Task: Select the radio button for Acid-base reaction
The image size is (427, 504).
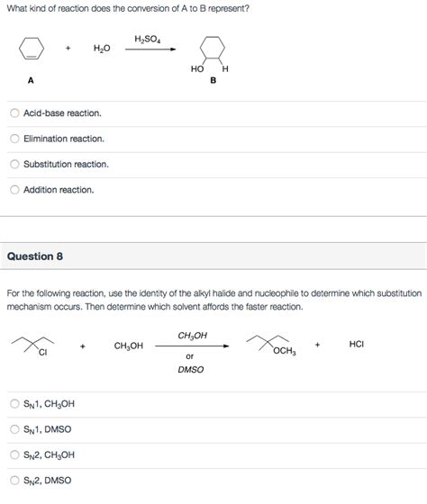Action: tap(14, 113)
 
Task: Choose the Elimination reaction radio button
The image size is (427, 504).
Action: tap(14, 139)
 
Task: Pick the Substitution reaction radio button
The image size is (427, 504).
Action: tap(14, 164)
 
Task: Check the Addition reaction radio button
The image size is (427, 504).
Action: tap(14, 189)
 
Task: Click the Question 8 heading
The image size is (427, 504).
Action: tap(35, 256)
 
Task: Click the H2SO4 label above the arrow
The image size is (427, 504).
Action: tap(147, 39)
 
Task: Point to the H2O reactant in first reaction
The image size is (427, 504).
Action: tap(102, 48)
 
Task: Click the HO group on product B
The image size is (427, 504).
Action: tap(197, 68)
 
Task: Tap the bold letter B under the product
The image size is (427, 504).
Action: tap(213, 80)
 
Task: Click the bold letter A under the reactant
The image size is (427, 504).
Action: tap(31, 80)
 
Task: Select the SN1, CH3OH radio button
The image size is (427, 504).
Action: tap(14, 404)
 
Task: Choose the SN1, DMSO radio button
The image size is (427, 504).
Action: tap(14, 429)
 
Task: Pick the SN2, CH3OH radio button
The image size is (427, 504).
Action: tap(14, 454)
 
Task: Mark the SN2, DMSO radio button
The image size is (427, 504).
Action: tap(14, 480)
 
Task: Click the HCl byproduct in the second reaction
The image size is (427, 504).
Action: tap(356, 344)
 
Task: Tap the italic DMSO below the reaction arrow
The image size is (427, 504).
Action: tap(190, 369)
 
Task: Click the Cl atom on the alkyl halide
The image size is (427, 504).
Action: tap(41, 352)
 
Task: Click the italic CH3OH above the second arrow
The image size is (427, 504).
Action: tap(192, 335)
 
